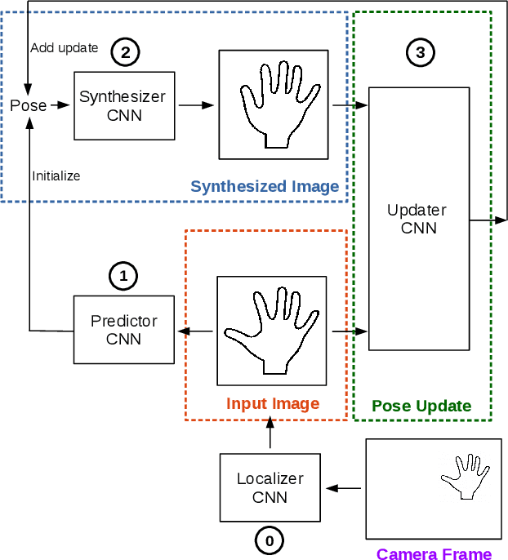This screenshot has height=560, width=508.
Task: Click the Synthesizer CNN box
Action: point(124,105)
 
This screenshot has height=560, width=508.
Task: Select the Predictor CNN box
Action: point(123,330)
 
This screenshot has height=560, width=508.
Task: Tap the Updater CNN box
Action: point(419,218)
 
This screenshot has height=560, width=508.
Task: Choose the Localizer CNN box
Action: point(270,487)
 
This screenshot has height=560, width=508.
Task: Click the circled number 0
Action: point(270,540)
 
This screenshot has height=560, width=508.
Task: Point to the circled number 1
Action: point(123,277)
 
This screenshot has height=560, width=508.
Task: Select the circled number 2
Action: point(125,53)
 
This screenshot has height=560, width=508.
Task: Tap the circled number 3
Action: point(421,53)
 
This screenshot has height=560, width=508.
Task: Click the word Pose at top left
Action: point(28,105)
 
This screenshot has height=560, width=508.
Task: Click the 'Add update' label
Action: point(64,48)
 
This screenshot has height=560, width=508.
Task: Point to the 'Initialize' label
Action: point(56,175)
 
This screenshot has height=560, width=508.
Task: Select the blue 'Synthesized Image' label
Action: point(265,187)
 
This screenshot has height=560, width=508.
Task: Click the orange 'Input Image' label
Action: point(273,404)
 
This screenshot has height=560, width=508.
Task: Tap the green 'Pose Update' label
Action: point(421,406)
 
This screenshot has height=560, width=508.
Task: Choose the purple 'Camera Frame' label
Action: point(434,554)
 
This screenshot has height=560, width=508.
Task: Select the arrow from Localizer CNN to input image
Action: point(270,438)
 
